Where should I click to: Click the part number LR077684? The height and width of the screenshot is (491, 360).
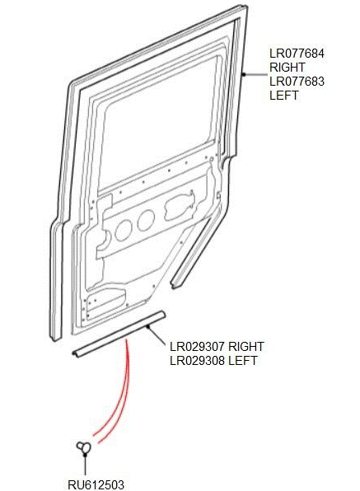(x=297, y=54)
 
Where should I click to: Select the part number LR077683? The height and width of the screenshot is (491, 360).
(x=297, y=82)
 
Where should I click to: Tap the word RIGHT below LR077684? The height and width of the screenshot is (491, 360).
(x=287, y=68)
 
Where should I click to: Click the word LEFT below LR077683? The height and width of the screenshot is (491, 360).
(x=284, y=96)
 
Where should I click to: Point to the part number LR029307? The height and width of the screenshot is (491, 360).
(x=197, y=347)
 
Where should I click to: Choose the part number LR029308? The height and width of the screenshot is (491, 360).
(x=197, y=360)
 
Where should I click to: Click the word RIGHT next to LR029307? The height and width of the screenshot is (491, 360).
(x=246, y=347)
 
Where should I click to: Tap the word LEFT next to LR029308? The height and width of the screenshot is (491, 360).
(x=243, y=360)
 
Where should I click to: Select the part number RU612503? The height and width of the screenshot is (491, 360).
(x=96, y=484)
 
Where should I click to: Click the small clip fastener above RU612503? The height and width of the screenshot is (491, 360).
(x=84, y=447)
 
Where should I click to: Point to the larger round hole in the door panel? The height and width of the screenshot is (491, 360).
(x=123, y=230)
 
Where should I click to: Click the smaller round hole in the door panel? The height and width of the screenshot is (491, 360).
(x=146, y=220)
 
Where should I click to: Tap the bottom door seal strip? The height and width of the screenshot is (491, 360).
(x=119, y=334)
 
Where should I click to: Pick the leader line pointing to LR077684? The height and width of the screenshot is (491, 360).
(x=255, y=74)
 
